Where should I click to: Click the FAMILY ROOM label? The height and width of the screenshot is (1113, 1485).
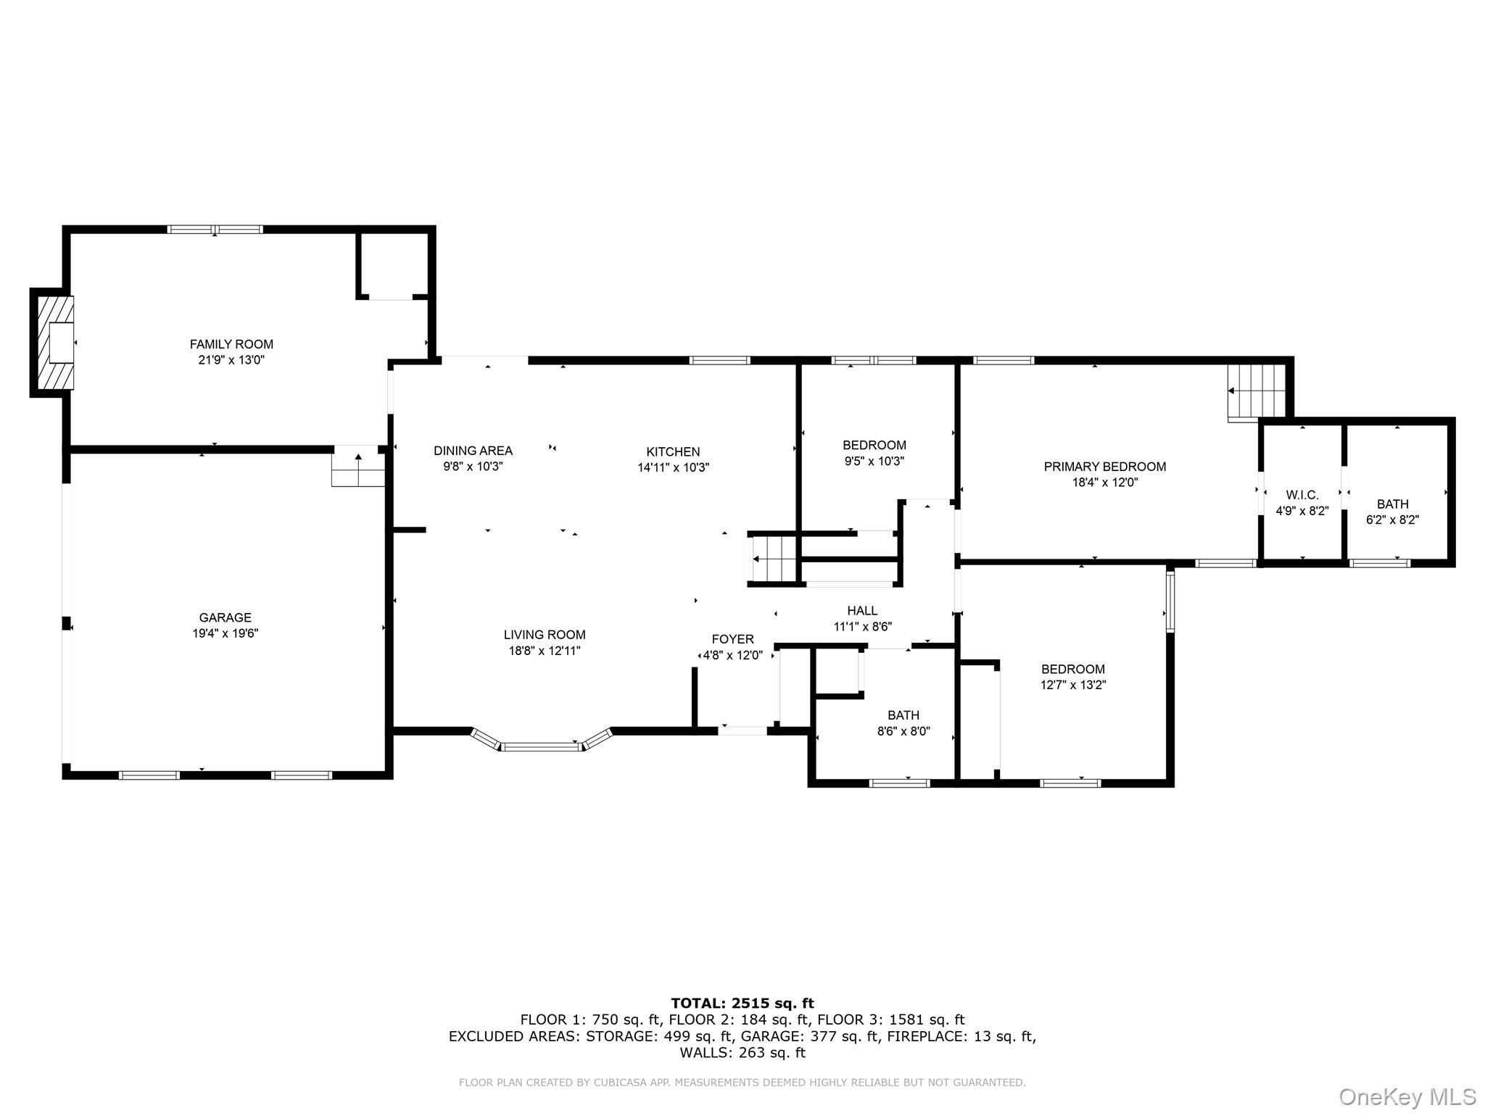[x=231, y=344]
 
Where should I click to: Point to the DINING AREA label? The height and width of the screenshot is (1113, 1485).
[x=473, y=451]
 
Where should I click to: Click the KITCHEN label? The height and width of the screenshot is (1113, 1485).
[x=673, y=451]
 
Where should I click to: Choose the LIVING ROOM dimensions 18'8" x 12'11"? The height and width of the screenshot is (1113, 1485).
[x=545, y=651]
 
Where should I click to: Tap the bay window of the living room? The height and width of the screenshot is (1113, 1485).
[x=542, y=745]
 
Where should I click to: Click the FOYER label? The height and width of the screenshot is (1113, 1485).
[x=732, y=639]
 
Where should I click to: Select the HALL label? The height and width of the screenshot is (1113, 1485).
[x=862, y=611]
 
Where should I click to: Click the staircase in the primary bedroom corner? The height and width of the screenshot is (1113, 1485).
[x=1255, y=391]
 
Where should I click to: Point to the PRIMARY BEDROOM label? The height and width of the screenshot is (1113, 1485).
[x=1104, y=467]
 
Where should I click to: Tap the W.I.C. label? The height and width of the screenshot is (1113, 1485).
[x=1302, y=495]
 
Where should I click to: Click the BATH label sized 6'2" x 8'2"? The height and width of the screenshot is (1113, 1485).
[x=1392, y=504]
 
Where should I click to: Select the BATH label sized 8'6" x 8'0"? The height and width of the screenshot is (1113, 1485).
[x=903, y=715]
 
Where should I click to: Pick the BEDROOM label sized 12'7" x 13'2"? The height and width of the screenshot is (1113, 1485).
[x=1072, y=669]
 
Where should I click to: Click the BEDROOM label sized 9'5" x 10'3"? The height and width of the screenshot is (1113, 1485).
[x=874, y=445]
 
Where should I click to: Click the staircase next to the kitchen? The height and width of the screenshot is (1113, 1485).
[x=773, y=559]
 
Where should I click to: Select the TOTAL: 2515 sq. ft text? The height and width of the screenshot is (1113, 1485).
[x=742, y=1004]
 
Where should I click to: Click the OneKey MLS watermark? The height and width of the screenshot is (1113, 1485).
[x=1407, y=1096]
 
